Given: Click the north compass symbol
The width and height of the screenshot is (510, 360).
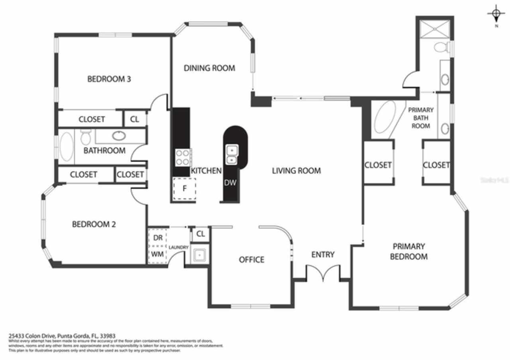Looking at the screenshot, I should click(496, 15).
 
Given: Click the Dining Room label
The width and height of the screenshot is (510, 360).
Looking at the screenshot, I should click(209, 68).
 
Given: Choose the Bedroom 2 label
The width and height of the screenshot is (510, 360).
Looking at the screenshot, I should click(94, 224).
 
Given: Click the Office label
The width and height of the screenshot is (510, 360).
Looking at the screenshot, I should click(251, 260).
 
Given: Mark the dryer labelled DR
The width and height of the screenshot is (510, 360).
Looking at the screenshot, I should click(158, 238).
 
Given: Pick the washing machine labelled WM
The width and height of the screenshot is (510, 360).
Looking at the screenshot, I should click(158, 254).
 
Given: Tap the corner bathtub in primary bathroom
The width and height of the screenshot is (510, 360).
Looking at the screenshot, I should click(385, 117).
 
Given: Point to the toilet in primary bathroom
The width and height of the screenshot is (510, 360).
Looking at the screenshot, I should click(441, 47).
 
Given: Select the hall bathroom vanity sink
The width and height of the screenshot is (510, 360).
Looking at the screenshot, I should click(119, 136).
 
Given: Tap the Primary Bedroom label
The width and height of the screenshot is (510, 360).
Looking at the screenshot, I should click(408, 251).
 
